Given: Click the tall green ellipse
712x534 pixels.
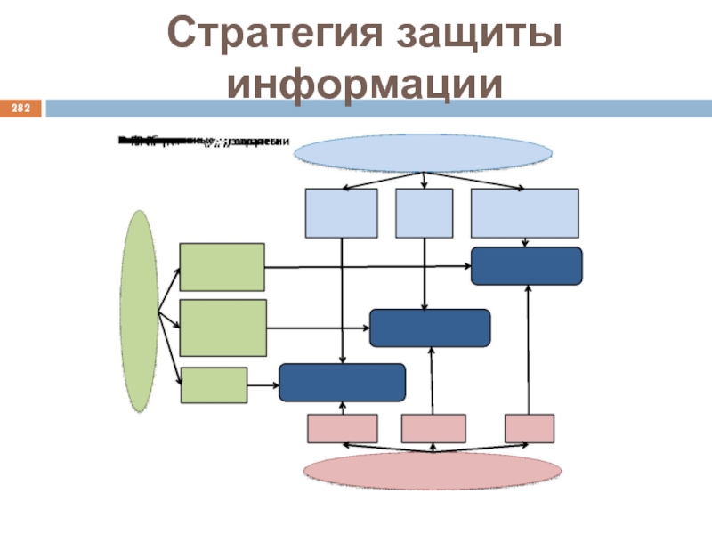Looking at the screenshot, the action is tap(140, 311).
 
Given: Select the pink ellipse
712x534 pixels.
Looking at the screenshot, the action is tap(434, 469).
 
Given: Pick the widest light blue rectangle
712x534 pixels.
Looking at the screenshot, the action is tap(524, 213).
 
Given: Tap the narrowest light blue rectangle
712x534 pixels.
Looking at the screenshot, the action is tap(424, 213).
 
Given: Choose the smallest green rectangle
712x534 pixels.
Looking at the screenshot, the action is tap(214, 385).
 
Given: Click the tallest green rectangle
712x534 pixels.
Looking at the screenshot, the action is tap(222, 328).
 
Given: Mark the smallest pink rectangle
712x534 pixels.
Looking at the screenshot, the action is tap(530, 428).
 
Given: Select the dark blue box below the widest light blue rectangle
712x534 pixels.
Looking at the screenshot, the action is tap(526, 266).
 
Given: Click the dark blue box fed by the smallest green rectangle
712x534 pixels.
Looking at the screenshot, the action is tap(342, 383).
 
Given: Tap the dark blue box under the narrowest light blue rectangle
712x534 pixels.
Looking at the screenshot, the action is tap(429, 328).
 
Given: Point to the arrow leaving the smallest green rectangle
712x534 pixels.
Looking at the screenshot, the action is tap(263, 385).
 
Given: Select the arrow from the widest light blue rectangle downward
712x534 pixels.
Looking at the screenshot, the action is tap(530, 242).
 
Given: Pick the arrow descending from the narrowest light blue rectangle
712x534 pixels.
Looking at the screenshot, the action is tap(425, 271).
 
